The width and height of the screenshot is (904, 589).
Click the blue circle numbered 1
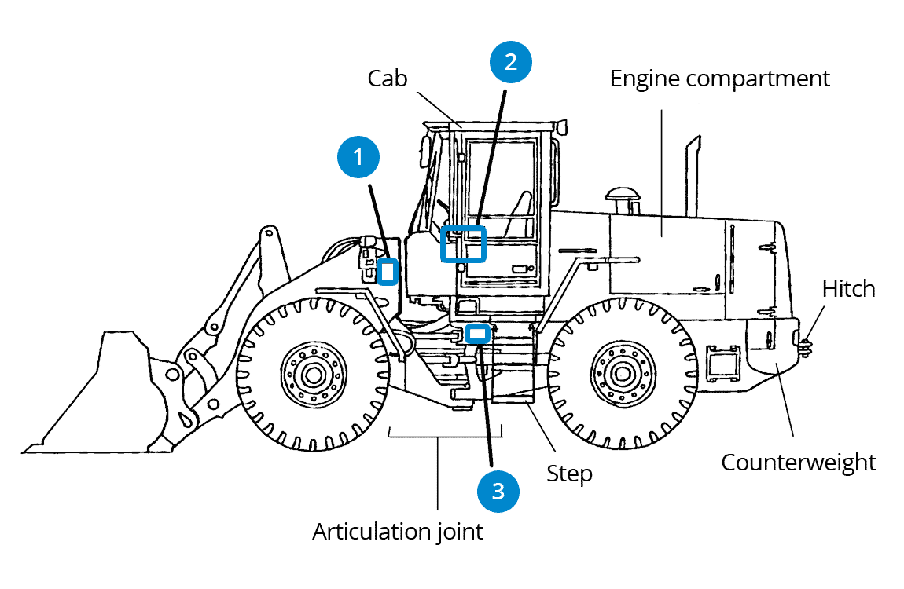point(358,157)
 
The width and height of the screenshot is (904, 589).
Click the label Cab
point(388,79)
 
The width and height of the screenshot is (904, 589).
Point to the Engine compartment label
point(719,79)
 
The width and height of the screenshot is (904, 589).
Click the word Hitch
point(848,289)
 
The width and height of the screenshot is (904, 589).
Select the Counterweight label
point(798,462)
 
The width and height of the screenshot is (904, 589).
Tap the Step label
point(569,474)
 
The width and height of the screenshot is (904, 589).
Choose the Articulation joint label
point(398,532)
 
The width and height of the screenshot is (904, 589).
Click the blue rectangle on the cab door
point(463,243)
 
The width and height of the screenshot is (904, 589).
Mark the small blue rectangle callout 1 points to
point(387,272)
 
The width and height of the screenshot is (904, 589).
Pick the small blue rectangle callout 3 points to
point(477,333)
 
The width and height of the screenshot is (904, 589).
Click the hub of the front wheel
point(311,372)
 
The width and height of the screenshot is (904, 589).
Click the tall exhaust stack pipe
point(693,177)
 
